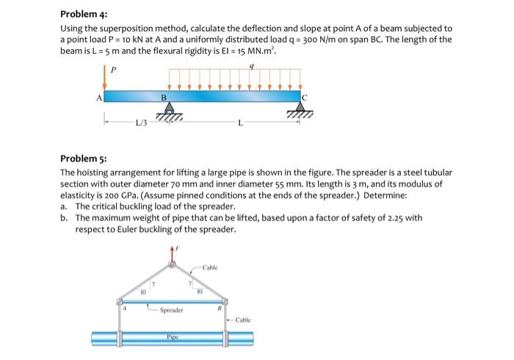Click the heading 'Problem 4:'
pyautogui.click(x=84, y=13)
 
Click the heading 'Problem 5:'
pyautogui.click(x=84, y=158)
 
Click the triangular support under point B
pyautogui.click(x=168, y=109)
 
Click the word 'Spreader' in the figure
pyautogui.click(x=173, y=311)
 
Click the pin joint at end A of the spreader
pyautogui.click(x=121, y=300)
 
